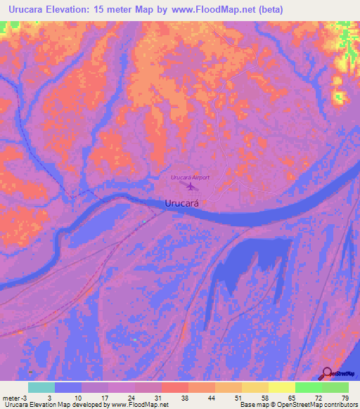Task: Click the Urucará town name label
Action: coord(182,202)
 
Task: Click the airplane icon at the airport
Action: coord(193,188)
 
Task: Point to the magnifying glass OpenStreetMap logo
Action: coord(327,373)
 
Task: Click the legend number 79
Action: coord(345,397)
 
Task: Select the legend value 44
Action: coord(211,397)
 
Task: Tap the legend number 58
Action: coord(264,397)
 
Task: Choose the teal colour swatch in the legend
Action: coord(41,387)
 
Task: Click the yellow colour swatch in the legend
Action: coord(282,387)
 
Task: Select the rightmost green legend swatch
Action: coord(335,387)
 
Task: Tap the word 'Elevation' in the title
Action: coord(80,11)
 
